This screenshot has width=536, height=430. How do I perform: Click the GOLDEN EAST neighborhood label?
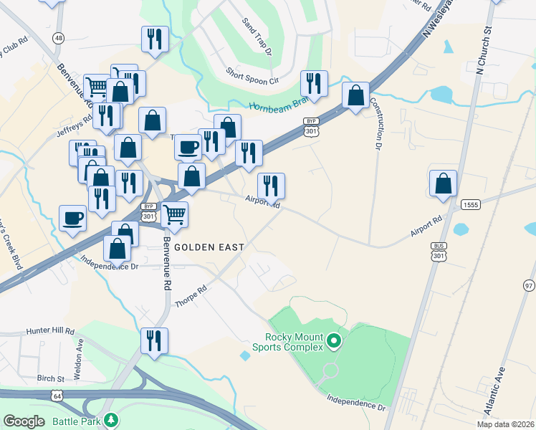coord(209,247)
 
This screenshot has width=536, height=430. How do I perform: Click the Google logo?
coord(24,421)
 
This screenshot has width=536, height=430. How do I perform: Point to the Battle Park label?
coord(76,421)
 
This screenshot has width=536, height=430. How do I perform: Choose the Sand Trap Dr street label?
coord(257,38)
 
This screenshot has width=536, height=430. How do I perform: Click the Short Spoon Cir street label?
coord(252,76)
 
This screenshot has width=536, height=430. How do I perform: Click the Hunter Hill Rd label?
coord(50,331)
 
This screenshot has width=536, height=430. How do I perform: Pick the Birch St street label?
coord(51,377)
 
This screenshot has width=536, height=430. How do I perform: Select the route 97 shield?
coord(529,285)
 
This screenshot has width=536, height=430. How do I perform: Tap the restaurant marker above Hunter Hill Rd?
coord(154,340)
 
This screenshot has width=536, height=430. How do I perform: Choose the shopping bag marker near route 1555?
coord(444,183)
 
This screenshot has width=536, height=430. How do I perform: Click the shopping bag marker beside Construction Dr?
coord(355,96)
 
